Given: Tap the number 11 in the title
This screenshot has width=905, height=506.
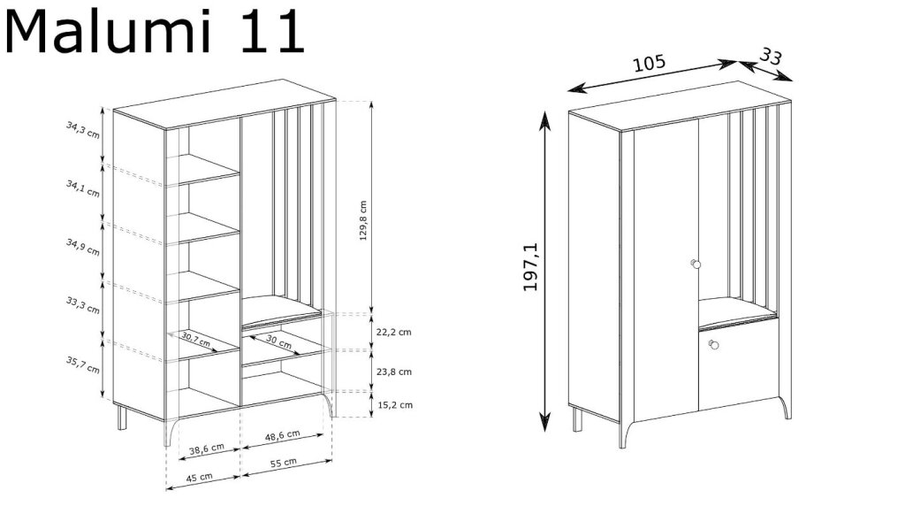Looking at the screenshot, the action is tap(272, 33).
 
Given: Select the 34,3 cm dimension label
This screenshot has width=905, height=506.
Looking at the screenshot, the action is tap(82, 130).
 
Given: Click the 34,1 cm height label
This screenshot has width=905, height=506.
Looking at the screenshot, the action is tap(82, 188).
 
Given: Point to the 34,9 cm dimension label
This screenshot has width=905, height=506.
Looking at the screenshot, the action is tap(82, 247).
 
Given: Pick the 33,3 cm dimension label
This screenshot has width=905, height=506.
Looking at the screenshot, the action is tap(82, 305).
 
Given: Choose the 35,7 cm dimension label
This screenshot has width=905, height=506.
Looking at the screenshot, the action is tap(82, 364).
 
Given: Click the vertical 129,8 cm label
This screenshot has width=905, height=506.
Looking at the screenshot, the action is tap(363, 220).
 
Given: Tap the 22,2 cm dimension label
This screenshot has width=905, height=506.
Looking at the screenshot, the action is tap(394, 332).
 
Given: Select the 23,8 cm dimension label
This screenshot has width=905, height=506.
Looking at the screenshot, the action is tap(394, 372).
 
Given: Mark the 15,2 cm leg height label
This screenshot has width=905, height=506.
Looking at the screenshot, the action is tap(395, 405).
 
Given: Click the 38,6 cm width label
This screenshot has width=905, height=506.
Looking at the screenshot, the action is tap(207, 448).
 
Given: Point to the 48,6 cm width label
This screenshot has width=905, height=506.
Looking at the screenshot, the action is tap(282, 435).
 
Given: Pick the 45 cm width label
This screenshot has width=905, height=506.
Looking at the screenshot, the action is tap(199, 478).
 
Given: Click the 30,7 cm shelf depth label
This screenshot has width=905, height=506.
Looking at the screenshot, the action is tap(195, 340).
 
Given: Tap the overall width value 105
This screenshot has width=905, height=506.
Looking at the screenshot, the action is tap(650, 63).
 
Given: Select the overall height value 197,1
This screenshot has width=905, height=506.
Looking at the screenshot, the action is tap(531, 266).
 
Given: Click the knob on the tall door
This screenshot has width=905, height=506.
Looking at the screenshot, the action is tap(696, 264).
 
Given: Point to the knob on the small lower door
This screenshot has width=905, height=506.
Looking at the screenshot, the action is tap(713, 345).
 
